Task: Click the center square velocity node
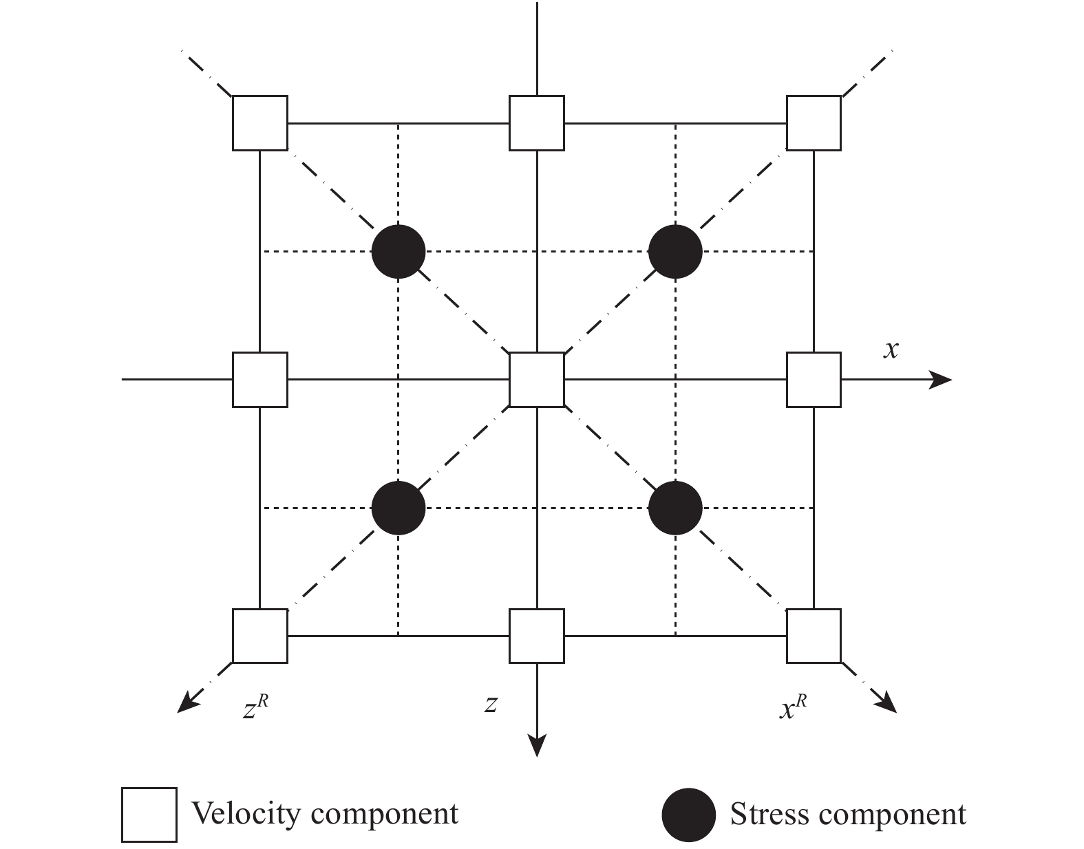point(536,379)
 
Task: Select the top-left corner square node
point(259,123)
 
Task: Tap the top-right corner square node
point(814,123)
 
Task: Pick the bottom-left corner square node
point(259,636)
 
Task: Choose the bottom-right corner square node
point(814,636)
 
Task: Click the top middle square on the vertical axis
point(536,123)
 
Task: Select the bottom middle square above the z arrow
point(536,636)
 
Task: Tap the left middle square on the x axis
point(259,379)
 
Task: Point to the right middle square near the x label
point(814,379)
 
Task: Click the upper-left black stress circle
point(398,252)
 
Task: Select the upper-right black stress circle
point(676,252)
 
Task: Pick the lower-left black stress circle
point(398,508)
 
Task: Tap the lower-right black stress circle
point(676,508)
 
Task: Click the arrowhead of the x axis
point(942,379)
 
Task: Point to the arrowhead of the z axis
point(536,746)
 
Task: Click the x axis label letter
point(891,350)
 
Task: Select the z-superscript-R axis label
point(254,708)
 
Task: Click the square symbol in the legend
point(149,815)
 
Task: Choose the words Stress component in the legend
point(848,815)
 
